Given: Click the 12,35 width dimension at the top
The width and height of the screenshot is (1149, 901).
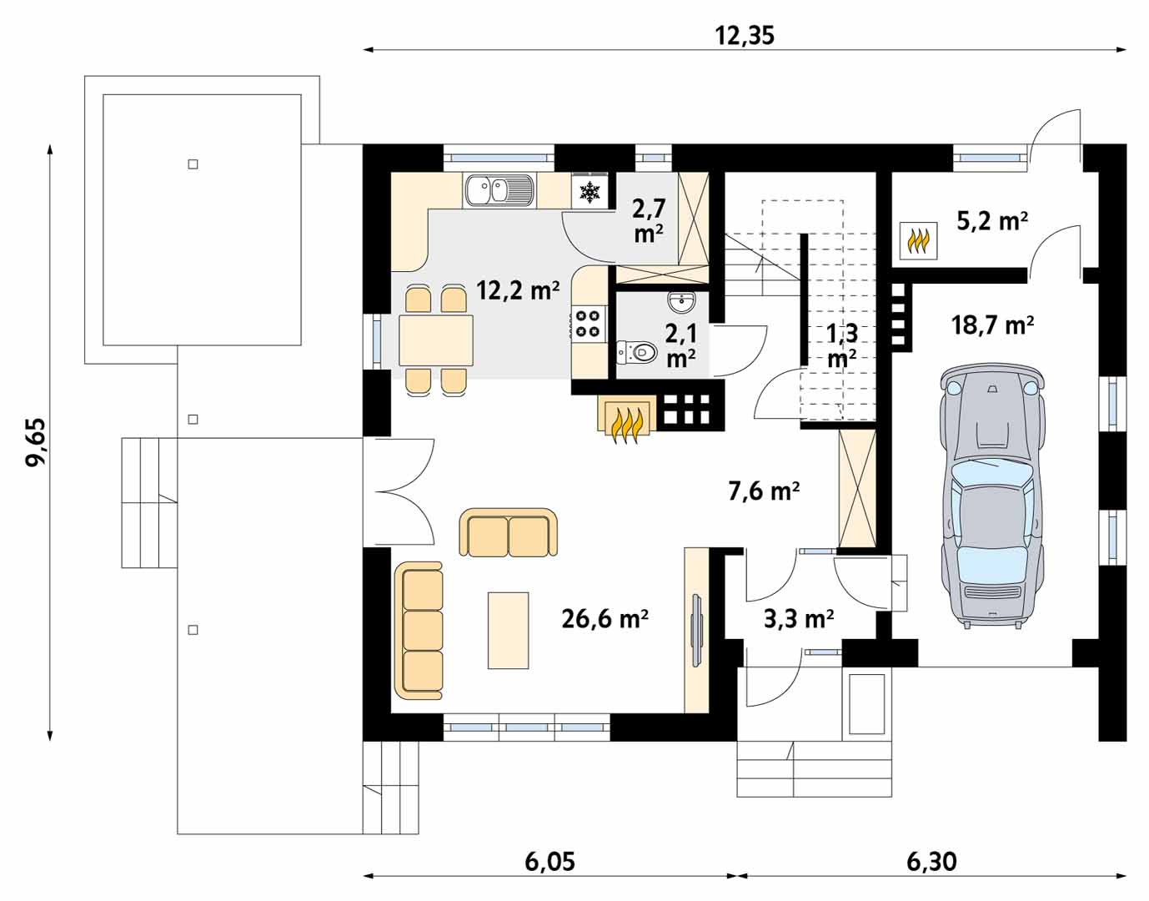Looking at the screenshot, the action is (745, 36).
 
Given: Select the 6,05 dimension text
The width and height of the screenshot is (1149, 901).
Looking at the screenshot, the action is (550, 862).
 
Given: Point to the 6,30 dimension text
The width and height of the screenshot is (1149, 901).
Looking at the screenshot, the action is (931, 862).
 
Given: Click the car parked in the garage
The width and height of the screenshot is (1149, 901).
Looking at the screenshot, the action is (992, 496).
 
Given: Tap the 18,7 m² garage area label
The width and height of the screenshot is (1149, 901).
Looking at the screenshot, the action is (992, 325).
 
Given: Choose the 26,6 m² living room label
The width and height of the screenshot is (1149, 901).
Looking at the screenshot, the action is (605, 618).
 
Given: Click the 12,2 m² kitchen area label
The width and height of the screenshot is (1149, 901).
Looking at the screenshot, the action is (518, 290).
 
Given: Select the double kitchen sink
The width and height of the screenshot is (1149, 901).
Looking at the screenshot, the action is (499, 190).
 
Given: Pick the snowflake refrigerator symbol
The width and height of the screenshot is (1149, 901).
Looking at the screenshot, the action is (590, 192).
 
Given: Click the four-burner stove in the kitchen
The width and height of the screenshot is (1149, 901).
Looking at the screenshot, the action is (589, 324).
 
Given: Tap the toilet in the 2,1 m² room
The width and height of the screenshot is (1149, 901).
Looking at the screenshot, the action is (637, 351).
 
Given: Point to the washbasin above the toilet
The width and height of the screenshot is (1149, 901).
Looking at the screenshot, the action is (681, 302).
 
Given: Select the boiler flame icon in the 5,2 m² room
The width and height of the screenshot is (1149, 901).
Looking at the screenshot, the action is (919, 241).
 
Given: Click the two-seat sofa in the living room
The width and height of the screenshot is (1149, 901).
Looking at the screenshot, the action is (508, 532).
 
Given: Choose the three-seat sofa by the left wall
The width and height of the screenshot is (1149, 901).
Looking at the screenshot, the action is (419, 631).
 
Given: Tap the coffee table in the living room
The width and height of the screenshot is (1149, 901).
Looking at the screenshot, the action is (508, 630).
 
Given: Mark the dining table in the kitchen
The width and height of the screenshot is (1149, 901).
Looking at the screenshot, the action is (436, 340).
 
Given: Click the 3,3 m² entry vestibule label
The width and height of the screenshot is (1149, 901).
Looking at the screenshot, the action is (799, 618).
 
